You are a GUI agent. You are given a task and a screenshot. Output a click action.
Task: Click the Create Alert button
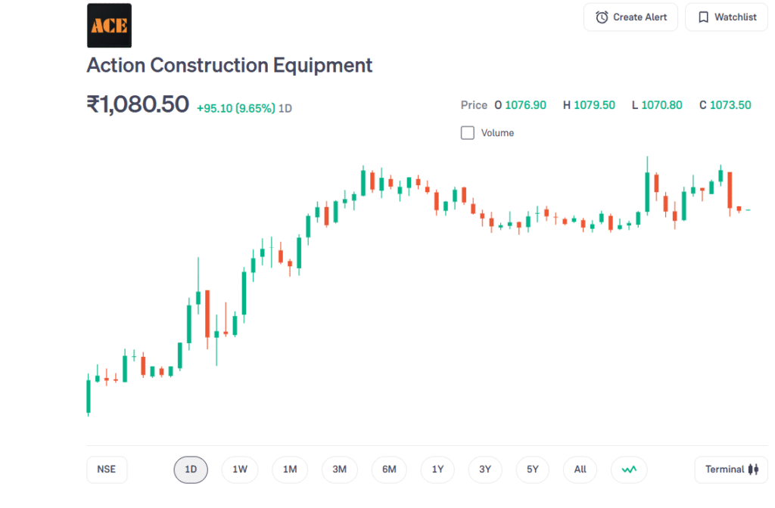click(630, 17)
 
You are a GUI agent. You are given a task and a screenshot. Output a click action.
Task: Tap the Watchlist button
click(727, 17)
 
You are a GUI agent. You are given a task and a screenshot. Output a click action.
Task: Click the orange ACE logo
click(109, 26)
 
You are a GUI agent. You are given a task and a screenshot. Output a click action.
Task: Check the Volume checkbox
click(468, 133)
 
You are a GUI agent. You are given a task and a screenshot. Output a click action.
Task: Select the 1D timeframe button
click(191, 469)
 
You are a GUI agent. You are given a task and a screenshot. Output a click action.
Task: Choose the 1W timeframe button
click(240, 469)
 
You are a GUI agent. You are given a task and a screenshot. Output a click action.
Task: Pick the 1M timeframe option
click(290, 469)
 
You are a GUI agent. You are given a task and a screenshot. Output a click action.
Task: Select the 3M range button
click(339, 469)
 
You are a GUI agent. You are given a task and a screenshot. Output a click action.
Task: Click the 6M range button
click(389, 469)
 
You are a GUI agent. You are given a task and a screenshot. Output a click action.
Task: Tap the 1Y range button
click(438, 469)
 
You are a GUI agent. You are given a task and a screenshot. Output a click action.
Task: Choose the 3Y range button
click(485, 469)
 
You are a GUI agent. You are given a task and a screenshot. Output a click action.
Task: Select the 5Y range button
click(533, 469)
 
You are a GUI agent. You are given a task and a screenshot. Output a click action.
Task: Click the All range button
click(580, 469)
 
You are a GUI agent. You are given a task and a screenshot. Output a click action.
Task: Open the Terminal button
click(731, 469)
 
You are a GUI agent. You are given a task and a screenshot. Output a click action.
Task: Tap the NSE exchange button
click(107, 469)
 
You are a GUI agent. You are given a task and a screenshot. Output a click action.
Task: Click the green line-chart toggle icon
click(629, 469)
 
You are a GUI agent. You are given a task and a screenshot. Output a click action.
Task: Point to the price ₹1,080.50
click(138, 104)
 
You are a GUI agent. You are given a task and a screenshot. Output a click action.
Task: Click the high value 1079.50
click(594, 105)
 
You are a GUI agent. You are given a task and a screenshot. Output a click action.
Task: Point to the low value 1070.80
click(661, 105)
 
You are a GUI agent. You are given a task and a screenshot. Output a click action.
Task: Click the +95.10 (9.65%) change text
click(235, 108)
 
